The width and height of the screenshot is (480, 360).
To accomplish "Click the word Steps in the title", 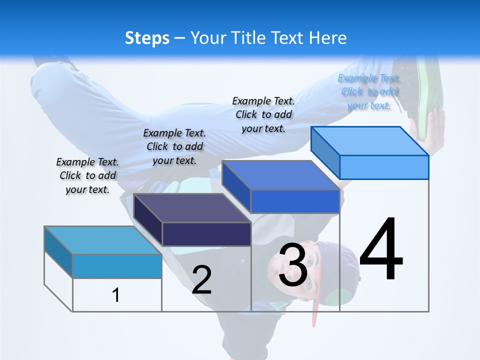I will [x=147, y=38].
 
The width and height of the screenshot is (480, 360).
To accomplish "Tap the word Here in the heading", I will [x=328, y=38].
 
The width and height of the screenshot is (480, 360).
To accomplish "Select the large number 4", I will [x=381, y=250].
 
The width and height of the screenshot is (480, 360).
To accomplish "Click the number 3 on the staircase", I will [x=293, y=265].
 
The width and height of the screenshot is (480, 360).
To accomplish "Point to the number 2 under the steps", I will [x=201, y=280].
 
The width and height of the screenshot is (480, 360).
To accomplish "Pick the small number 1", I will [x=116, y=295].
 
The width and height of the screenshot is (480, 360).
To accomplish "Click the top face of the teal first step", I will [x=103, y=240].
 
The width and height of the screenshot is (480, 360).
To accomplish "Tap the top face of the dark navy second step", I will [x=192, y=208].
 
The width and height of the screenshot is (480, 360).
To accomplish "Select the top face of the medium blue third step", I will [x=280, y=175].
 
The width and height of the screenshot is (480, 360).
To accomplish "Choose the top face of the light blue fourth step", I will [x=370, y=141].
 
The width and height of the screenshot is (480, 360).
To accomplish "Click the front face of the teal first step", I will [x=117, y=266].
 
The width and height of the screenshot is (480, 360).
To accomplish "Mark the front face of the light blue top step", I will [x=384, y=167].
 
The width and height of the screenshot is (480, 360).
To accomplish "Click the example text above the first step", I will [x=87, y=175].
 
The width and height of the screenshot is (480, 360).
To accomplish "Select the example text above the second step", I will [x=174, y=146].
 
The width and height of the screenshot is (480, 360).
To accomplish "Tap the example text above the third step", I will [x=263, y=114].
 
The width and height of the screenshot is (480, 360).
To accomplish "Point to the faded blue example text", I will [x=369, y=91].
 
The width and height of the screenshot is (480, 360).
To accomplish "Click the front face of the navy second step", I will [x=206, y=234].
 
